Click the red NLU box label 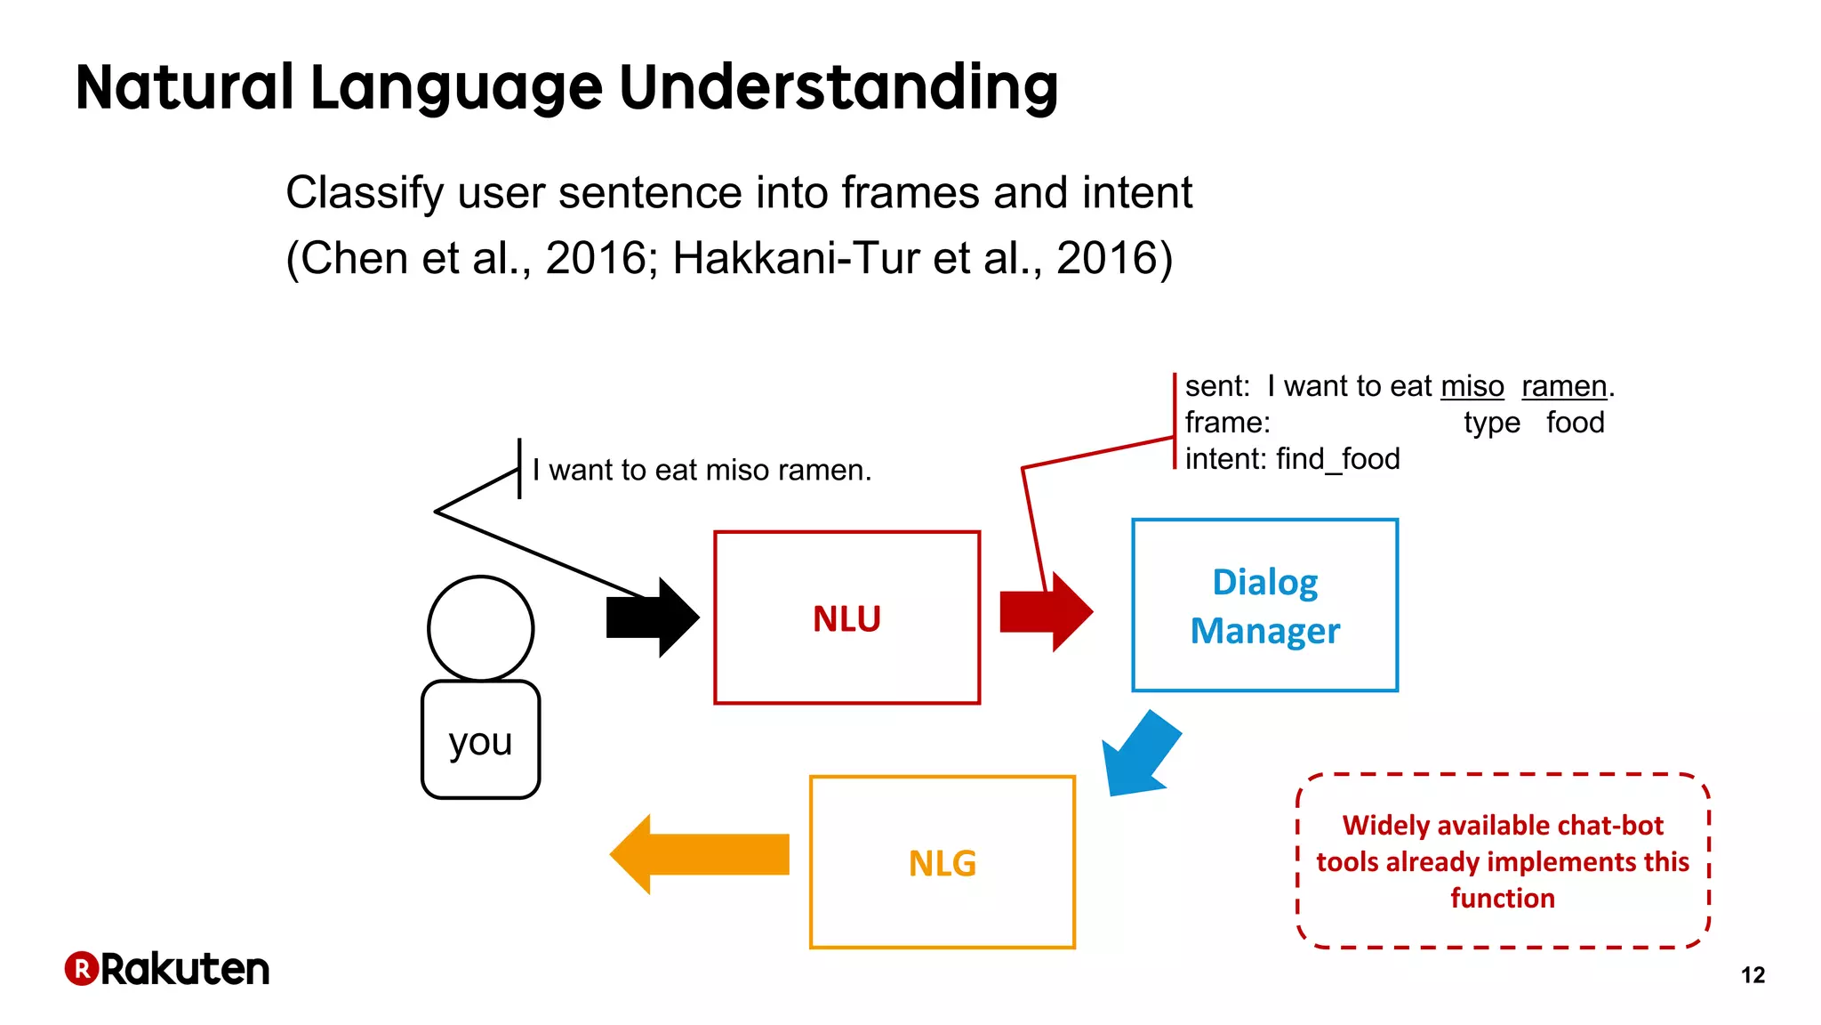(846, 618)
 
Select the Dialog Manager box (1264, 605)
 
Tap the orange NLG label (942, 863)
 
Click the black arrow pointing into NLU (654, 617)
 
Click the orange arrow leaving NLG (700, 854)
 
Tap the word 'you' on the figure (480, 741)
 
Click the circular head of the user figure (480, 628)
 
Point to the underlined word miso (1472, 386)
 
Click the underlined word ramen (1564, 386)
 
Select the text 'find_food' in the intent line (1337, 459)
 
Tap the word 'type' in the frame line (1491, 423)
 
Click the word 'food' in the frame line (1575, 423)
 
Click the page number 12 (1753, 975)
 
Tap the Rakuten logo (167, 969)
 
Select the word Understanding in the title (838, 87)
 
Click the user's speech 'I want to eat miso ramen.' (702, 470)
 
